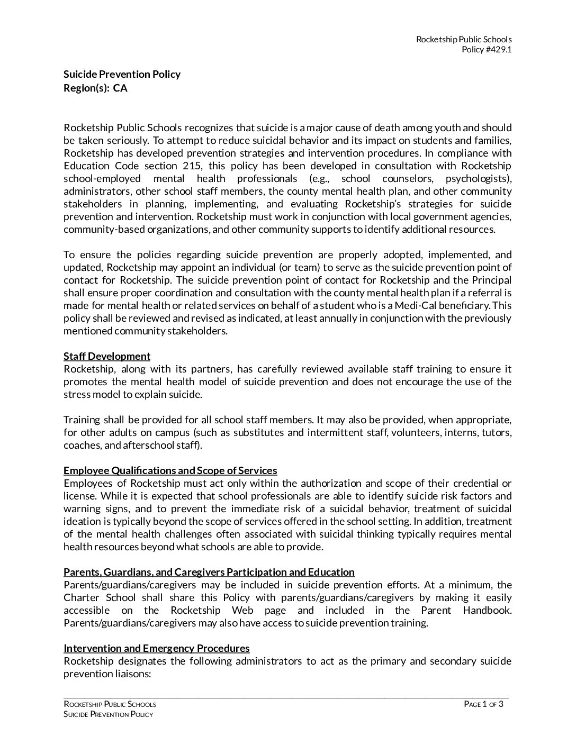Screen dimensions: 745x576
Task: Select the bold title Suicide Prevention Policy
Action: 122,74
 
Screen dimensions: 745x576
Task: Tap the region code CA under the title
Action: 120,88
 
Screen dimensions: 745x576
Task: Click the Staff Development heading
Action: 107,356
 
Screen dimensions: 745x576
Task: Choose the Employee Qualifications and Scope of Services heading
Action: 170,470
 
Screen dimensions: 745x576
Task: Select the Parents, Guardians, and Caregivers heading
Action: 209,572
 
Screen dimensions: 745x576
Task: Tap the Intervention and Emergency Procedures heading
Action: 156,648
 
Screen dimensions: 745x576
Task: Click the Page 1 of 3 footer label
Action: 483,704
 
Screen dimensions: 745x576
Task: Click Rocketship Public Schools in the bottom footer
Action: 110,704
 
